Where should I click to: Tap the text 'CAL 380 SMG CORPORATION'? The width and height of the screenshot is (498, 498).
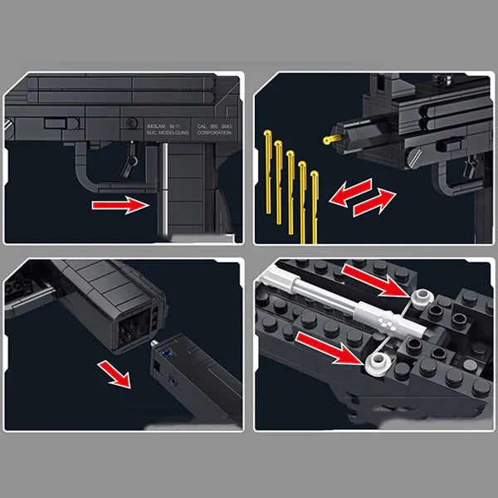pos(200,126)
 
